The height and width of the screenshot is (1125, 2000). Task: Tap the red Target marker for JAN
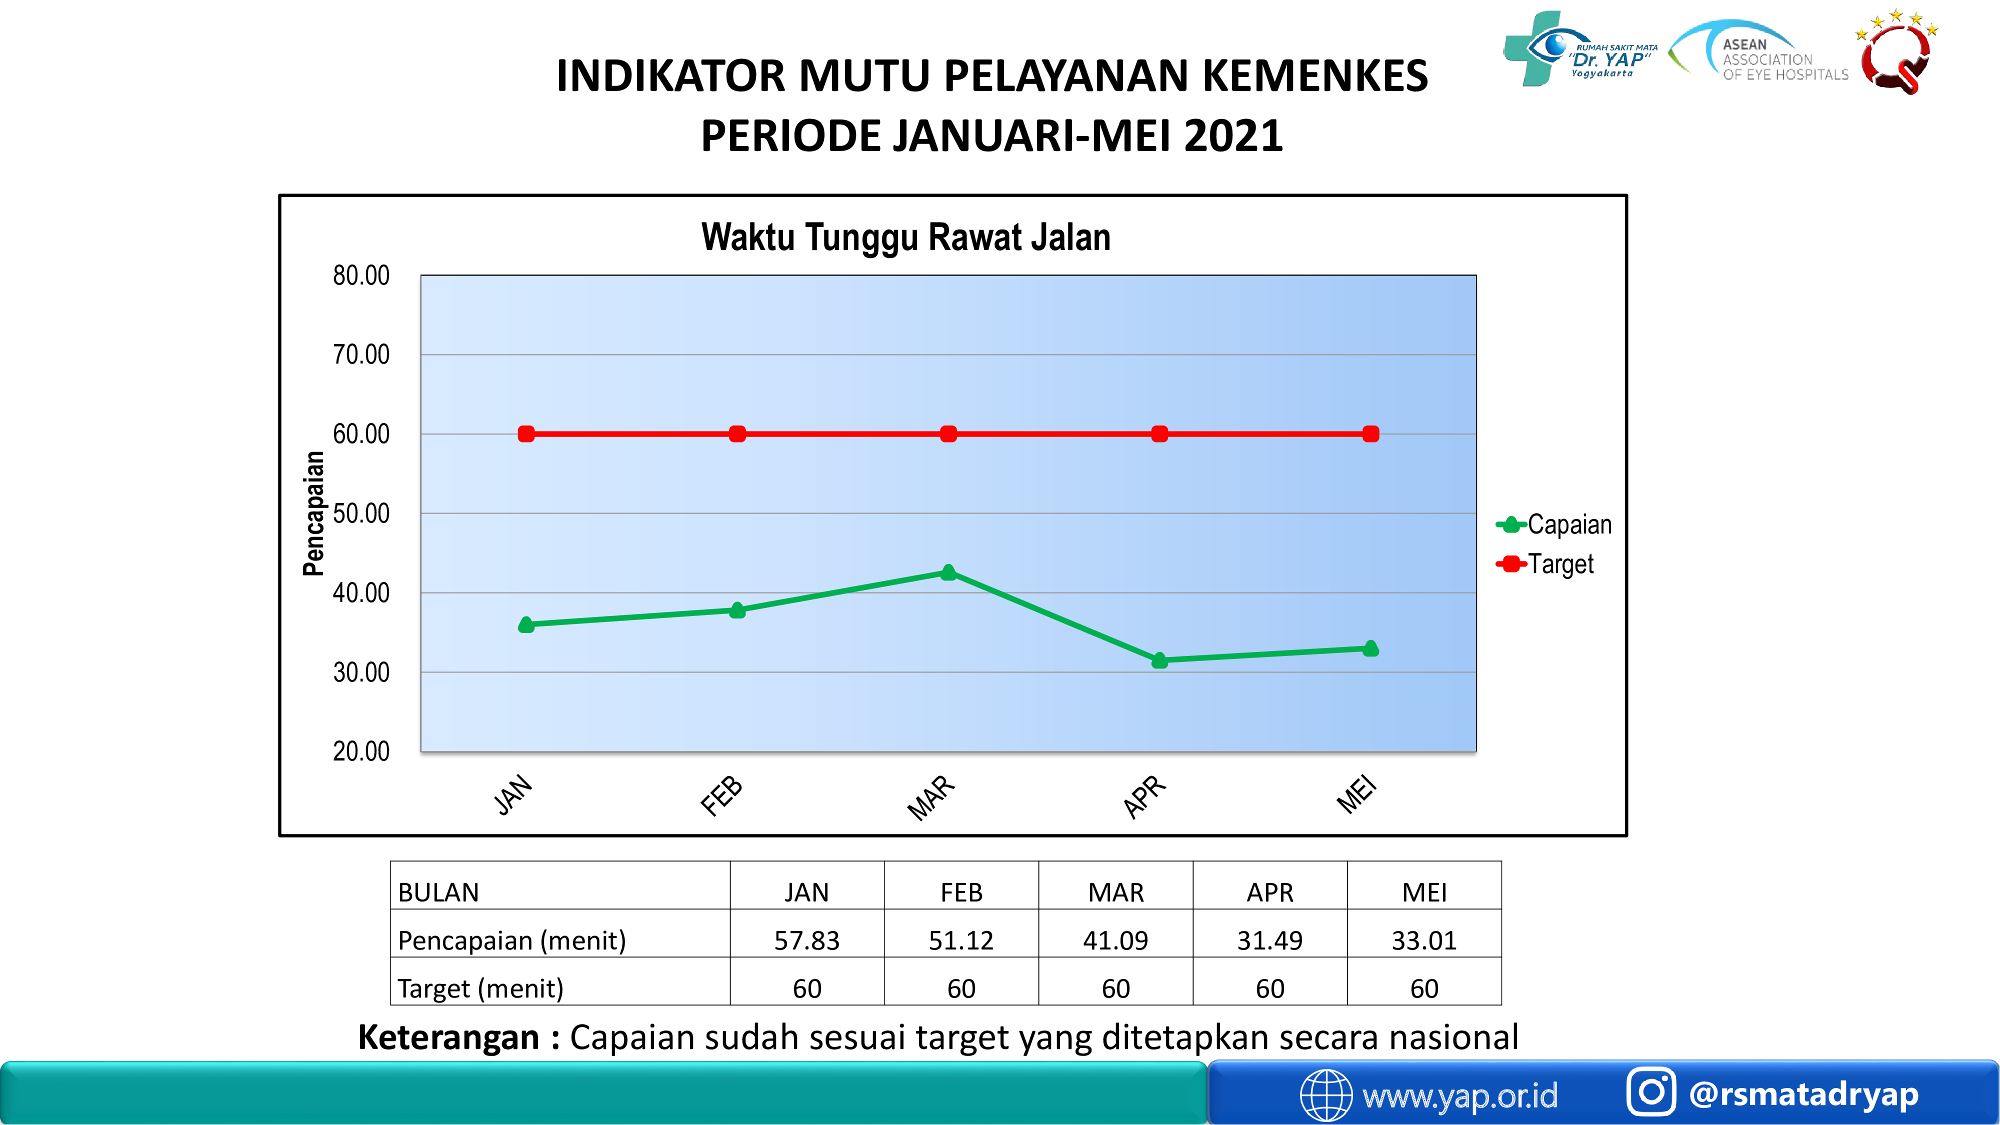[x=526, y=434]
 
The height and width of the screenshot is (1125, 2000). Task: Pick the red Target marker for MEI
[x=1370, y=434]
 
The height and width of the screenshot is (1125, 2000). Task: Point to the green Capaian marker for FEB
[x=737, y=610]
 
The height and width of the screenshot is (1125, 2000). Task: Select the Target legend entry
[x=1544, y=563]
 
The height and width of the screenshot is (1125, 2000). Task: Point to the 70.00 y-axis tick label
[x=361, y=355]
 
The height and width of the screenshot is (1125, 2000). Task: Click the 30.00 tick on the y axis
[x=361, y=672]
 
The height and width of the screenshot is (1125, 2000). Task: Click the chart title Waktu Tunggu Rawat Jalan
[x=905, y=237]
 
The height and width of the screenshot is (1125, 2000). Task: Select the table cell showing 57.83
[x=806, y=940]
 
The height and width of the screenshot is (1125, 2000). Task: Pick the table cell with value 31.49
[x=1270, y=940]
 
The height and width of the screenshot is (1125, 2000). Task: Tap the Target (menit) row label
[x=480, y=988]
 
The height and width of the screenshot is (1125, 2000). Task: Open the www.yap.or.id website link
[x=1459, y=1095]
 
